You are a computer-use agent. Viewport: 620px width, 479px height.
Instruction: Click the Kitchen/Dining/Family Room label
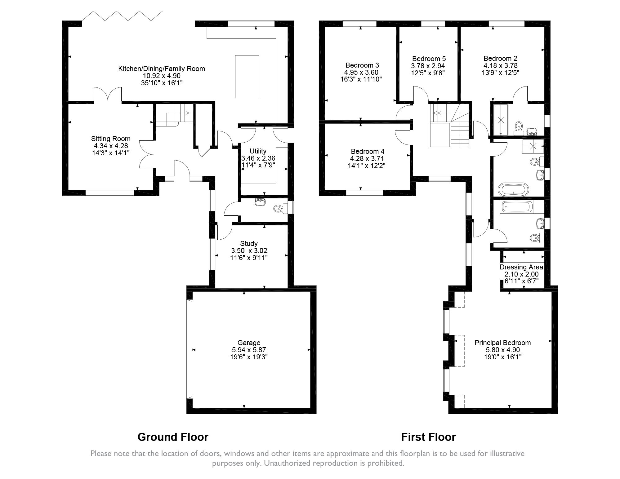click(161, 69)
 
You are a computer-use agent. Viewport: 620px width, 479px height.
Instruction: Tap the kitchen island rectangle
click(247, 76)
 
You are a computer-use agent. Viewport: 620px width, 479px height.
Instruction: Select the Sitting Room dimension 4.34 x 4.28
click(111, 146)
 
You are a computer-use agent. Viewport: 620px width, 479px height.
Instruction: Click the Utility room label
click(258, 151)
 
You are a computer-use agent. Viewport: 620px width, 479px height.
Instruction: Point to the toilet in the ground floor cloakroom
click(278, 209)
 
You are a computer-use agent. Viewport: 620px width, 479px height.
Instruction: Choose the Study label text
click(249, 243)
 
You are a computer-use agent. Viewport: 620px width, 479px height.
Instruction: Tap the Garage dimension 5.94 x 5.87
click(249, 350)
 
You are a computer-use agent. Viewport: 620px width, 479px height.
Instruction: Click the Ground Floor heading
click(173, 437)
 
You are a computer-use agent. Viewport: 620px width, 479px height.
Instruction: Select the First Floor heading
click(428, 437)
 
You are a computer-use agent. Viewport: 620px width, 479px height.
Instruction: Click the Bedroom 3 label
click(362, 65)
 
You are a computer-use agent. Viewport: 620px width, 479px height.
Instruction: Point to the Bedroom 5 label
click(429, 59)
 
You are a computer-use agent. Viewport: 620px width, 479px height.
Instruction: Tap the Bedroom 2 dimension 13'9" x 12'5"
click(500, 73)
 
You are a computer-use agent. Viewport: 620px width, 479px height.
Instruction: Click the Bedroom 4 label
click(367, 151)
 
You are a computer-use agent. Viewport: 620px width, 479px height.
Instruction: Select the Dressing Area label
click(521, 267)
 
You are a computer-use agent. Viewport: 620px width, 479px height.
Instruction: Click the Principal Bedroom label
click(502, 343)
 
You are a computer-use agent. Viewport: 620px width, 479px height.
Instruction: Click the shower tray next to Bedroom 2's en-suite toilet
click(499, 120)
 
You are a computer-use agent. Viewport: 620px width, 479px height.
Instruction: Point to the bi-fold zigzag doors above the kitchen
click(122, 16)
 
